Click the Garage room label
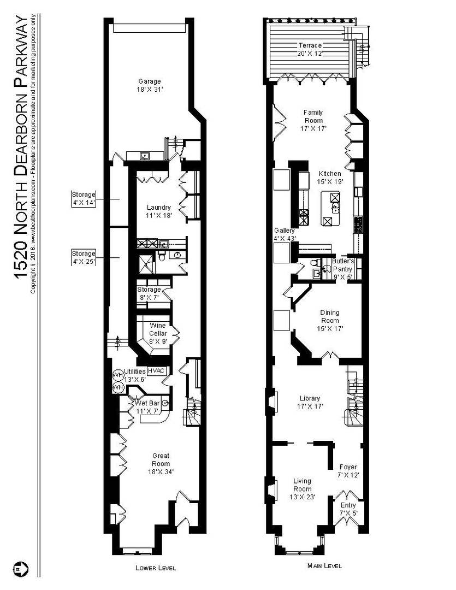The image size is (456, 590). [x=150, y=85]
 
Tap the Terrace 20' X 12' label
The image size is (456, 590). [x=310, y=50]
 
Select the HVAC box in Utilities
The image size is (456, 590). [x=156, y=370]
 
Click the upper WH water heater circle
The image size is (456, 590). [x=119, y=375]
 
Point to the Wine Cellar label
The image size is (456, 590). [x=158, y=333]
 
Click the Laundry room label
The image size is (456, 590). [x=159, y=211]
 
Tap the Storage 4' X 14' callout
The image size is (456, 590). [x=84, y=199]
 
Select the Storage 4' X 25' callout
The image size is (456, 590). [x=84, y=257]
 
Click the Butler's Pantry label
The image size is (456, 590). [x=343, y=269]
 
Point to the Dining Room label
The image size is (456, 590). [x=330, y=320]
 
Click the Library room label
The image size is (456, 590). [x=310, y=402]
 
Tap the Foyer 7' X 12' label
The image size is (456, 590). [x=348, y=471]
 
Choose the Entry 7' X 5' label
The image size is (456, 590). [x=348, y=509]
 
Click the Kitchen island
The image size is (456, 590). [x=330, y=209]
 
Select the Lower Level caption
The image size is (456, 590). [x=156, y=568]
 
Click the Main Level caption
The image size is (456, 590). [x=324, y=565]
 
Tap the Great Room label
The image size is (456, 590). [x=161, y=464]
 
